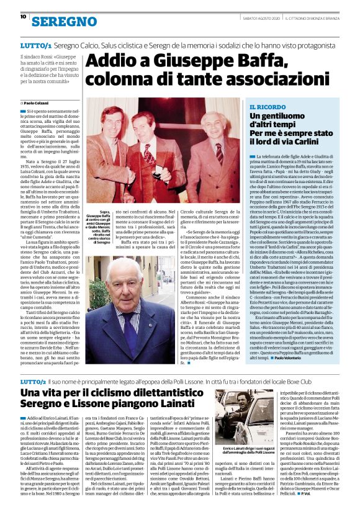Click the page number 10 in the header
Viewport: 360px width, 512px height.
pyautogui.click(x=23, y=17)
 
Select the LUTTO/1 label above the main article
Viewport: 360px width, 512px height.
pyautogui.click(x=35, y=47)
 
